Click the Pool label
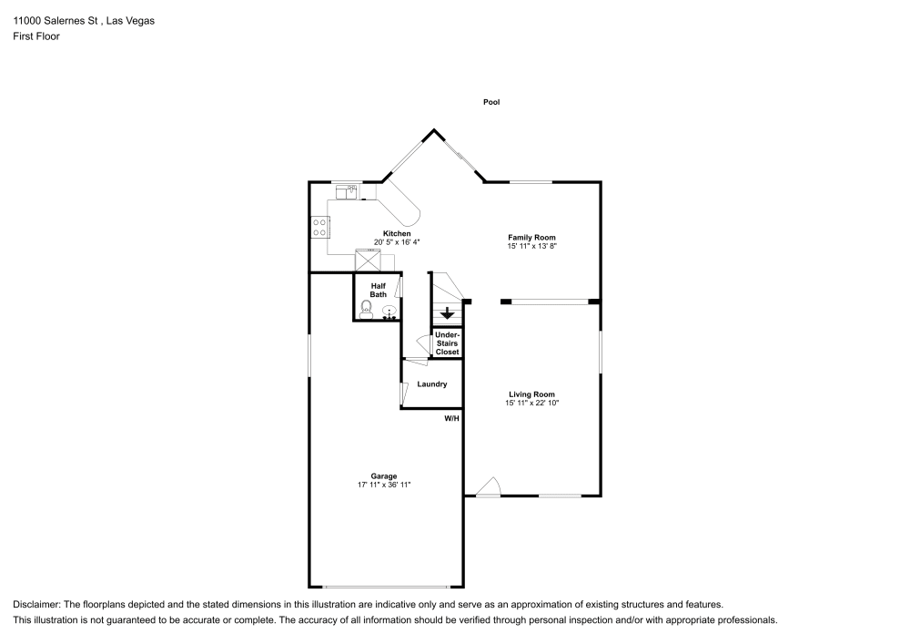[x=491, y=102]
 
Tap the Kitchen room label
[x=397, y=233]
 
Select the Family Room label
[x=531, y=238]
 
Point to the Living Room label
[x=531, y=394]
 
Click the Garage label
[x=384, y=476]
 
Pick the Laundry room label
[x=431, y=383]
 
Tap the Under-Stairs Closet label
[x=448, y=343]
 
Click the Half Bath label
[x=379, y=291]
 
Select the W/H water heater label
[x=452, y=418]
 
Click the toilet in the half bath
[x=366, y=309]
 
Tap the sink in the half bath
[x=389, y=312]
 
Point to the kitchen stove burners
[x=319, y=227]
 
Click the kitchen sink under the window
[x=347, y=191]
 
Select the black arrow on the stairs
[x=447, y=313]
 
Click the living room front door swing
[x=489, y=486]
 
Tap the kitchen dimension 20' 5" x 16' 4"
[x=397, y=242]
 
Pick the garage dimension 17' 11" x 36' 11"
[x=384, y=485]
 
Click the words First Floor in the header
[x=36, y=36]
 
